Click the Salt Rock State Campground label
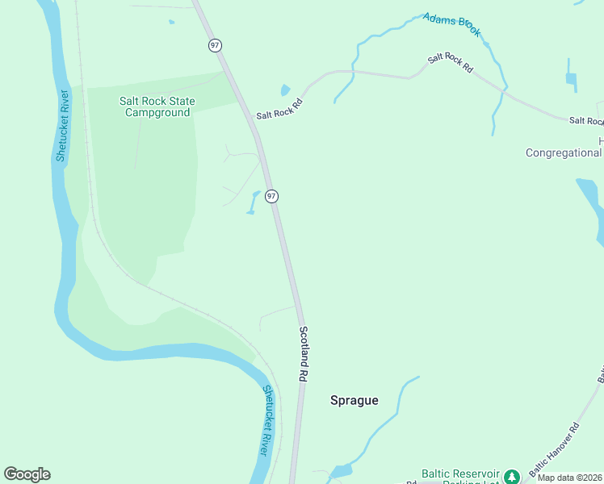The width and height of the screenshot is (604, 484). (x=157, y=106)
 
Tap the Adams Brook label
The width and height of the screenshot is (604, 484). (x=451, y=25)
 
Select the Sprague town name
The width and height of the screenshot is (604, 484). (x=354, y=400)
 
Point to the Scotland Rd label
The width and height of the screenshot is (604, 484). (x=304, y=353)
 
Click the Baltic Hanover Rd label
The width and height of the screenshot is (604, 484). (x=554, y=448)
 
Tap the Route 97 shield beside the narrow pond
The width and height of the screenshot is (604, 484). (x=272, y=196)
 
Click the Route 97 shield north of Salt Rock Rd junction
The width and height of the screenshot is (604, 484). (x=215, y=45)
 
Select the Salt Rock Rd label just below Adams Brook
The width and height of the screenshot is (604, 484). (x=451, y=62)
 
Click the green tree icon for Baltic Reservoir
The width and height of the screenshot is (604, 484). (x=510, y=477)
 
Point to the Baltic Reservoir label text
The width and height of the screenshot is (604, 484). (x=460, y=474)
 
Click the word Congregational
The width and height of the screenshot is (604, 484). (x=563, y=152)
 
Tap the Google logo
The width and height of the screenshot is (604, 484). (x=27, y=474)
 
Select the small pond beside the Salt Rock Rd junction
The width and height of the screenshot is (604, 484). (x=285, y=90)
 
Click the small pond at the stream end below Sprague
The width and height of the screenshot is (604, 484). (x=342, y=470)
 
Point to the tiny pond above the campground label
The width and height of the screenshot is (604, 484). (x=172, y=22)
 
